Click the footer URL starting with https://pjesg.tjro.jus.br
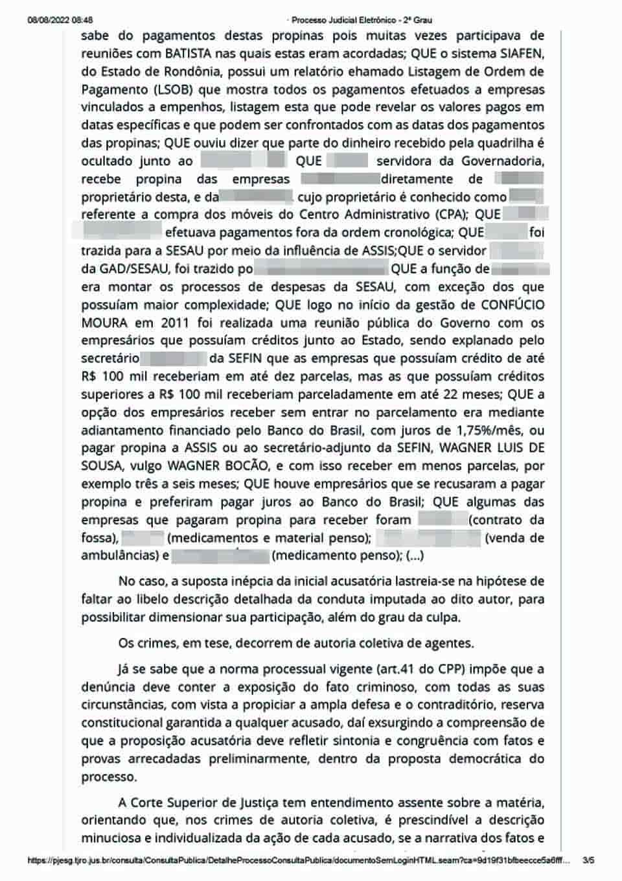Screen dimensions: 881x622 pos(298,861)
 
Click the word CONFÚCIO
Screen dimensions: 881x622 pos(512,305)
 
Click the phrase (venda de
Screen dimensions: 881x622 pos(514,537)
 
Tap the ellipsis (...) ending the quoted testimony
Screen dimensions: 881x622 pos(415,556)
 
